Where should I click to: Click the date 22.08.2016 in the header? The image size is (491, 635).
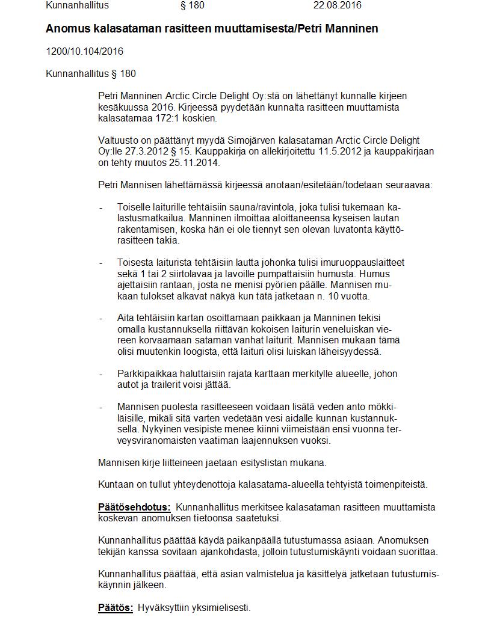[337, 5]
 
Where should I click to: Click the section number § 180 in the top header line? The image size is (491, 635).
[193, 5]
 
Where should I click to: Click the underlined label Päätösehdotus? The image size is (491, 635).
[134, 507]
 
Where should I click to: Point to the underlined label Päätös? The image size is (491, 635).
[116, 607]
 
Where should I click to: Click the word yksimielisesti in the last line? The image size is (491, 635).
[220, 607]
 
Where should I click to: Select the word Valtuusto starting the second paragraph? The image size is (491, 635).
[119, 141]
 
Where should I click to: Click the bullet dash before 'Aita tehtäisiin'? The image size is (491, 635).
[100, 318]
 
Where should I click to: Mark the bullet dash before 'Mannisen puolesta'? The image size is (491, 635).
[100, 407]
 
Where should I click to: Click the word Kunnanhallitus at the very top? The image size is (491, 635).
[77, 5]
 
